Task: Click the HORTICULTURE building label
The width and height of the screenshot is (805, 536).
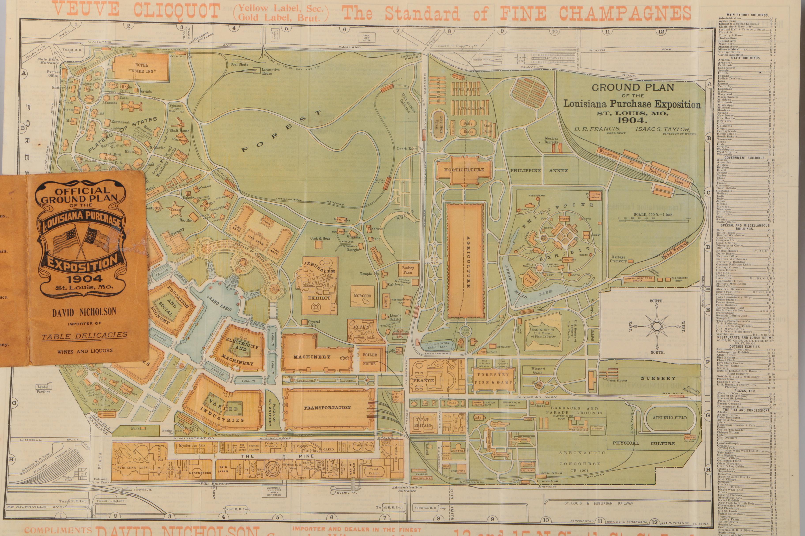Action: [x=464, y=169]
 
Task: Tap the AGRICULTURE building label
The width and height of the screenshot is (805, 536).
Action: [x=468, y=262]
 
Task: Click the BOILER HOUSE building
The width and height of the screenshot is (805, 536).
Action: [x=369, y=359]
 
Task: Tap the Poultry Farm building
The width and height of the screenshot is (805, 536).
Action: [x=408, y=270]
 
